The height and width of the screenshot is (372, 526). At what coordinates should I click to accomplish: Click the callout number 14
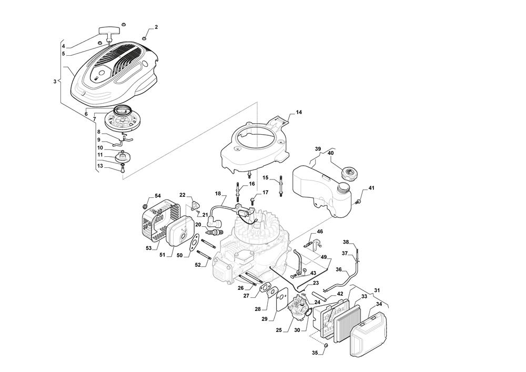[x=299, y=112]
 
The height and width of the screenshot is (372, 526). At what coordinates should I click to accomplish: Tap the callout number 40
[x=331, y=153]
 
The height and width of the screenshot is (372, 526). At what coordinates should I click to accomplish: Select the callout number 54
[x=158, y=196]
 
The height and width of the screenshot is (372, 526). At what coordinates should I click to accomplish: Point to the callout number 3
[x=54, y=82]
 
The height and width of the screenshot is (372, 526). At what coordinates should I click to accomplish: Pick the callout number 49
[x=323, y=257]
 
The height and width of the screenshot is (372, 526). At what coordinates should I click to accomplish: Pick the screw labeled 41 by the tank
[x=359, y=200]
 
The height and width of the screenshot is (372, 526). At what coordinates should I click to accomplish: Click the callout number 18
[x=217, y=194]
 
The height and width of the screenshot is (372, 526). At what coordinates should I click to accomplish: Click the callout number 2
[x=156, y=27]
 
